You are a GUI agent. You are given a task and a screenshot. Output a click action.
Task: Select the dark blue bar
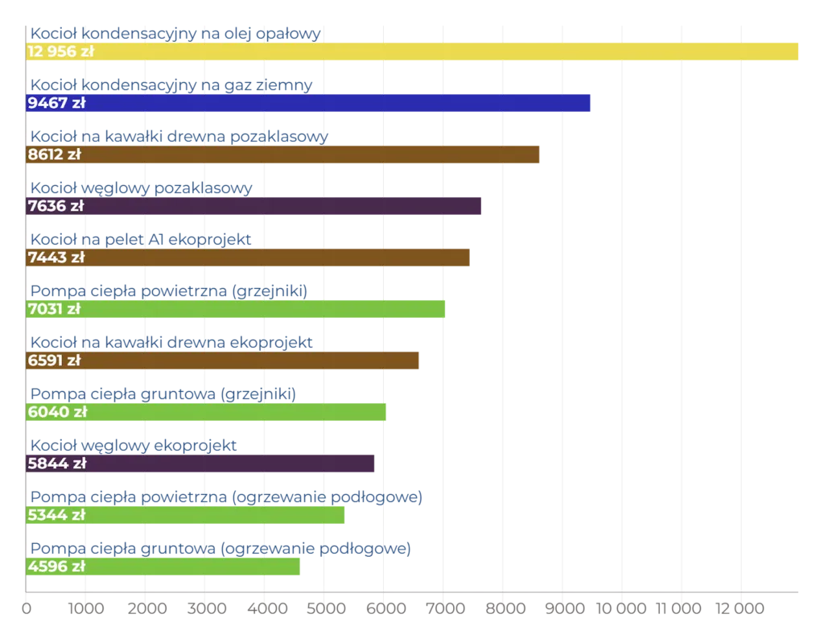(x=338, y=103)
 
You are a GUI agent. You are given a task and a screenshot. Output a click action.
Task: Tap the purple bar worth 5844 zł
(x=233, y=463)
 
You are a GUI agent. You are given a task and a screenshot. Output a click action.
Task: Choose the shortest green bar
(x=193, y=566)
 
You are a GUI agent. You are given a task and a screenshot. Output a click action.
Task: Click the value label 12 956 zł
(x=60, y=51)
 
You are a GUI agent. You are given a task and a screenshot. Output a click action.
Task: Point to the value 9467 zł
(x=56, y=103)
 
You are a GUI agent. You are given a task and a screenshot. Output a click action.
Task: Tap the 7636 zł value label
(x=56, y=206)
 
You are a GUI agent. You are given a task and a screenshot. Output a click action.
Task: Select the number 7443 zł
(x=56, y=257)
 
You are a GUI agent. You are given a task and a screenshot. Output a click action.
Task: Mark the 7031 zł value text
(x=54, y=309)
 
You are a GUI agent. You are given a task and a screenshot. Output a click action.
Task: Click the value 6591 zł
(x=54, y=360)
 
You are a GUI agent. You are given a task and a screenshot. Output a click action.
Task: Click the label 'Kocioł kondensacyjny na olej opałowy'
(x=175, y=33)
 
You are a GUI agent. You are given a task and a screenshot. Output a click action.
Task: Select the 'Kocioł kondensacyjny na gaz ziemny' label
(x=171, y=84)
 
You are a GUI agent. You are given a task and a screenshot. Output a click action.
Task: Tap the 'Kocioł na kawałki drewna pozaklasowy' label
(x=179, y=137)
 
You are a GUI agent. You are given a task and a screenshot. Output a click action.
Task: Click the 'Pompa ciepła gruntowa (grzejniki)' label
(x=163, y=393)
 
